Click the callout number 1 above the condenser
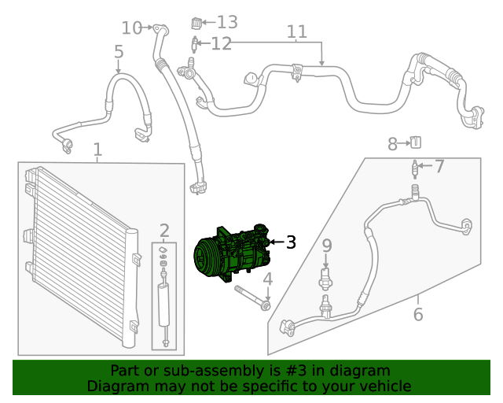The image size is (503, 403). [x=97, y=150]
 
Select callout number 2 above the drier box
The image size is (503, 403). [x=164, y=231]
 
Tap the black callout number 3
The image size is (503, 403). [x=291, y=242]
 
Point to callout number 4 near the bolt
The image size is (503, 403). [x=267, y=279]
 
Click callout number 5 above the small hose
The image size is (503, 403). [x=119, y=53]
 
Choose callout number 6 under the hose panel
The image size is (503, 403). [x=418, y=315]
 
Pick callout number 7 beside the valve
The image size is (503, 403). [x=439, y=166]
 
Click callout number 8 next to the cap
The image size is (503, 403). [x=393, y=144]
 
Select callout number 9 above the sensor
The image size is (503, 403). [x=327, y=247]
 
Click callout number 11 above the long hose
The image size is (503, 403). [x=296, y=32]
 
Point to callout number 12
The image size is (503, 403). [x=221, y=43]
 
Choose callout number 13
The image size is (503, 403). [x=226, y=22]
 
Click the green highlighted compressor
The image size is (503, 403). [x=232, y=252]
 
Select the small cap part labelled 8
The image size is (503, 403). [x=416, y=142]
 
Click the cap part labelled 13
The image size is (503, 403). [x=196, y=22]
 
